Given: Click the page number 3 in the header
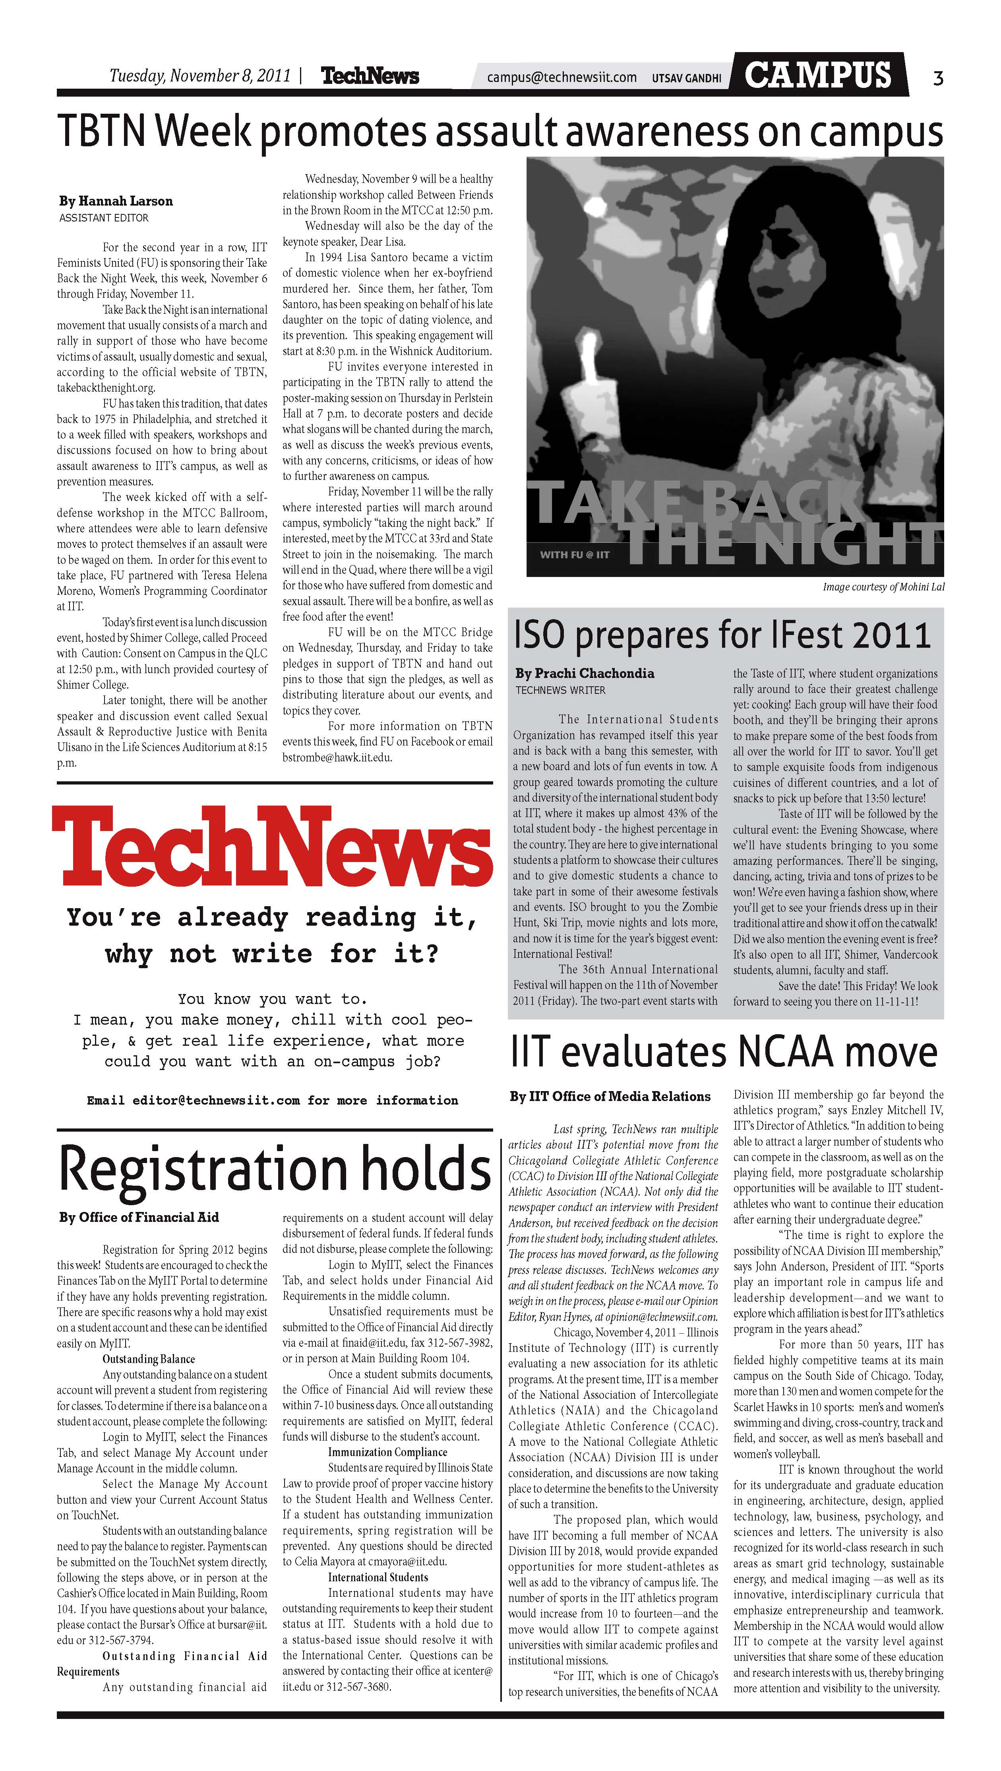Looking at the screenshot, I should [x=938, y=78].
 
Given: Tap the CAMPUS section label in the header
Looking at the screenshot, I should [x=818, y=74].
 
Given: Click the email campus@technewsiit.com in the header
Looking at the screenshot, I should [x=561, y=77].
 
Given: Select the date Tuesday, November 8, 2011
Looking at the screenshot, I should [x=200, y=75].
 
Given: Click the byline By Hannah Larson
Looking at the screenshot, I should [x=116, y=201].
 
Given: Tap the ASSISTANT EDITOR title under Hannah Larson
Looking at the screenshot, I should [x=104, y=218].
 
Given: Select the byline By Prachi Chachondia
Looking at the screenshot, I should [x=585, y=673].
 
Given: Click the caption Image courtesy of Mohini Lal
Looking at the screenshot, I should [x=883, y=586].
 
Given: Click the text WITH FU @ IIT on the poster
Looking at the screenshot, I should [x=575, y=554].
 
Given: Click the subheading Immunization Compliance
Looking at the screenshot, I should [x=387, y=1452].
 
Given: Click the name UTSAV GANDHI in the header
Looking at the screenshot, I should [x=686, y=78].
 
